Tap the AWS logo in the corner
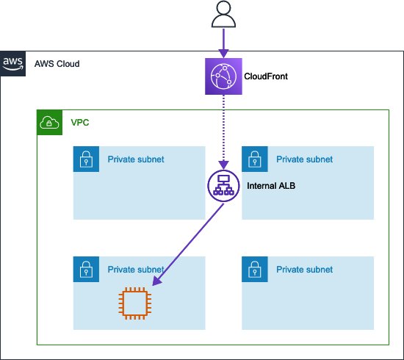(13, 64)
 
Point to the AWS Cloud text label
(57, 65)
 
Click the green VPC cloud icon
(50, 122)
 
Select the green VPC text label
(80, 122)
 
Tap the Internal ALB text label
(271, 187)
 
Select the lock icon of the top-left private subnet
(86, 159)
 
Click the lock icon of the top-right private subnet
(255, 159)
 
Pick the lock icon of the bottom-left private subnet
(86, 270)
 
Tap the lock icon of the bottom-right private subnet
(255, 270)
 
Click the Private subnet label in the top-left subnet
(136, 159)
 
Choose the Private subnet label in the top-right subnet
(304, 159)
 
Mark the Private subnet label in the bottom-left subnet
(136, 270)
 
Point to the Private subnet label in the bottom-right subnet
(304, 270)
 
